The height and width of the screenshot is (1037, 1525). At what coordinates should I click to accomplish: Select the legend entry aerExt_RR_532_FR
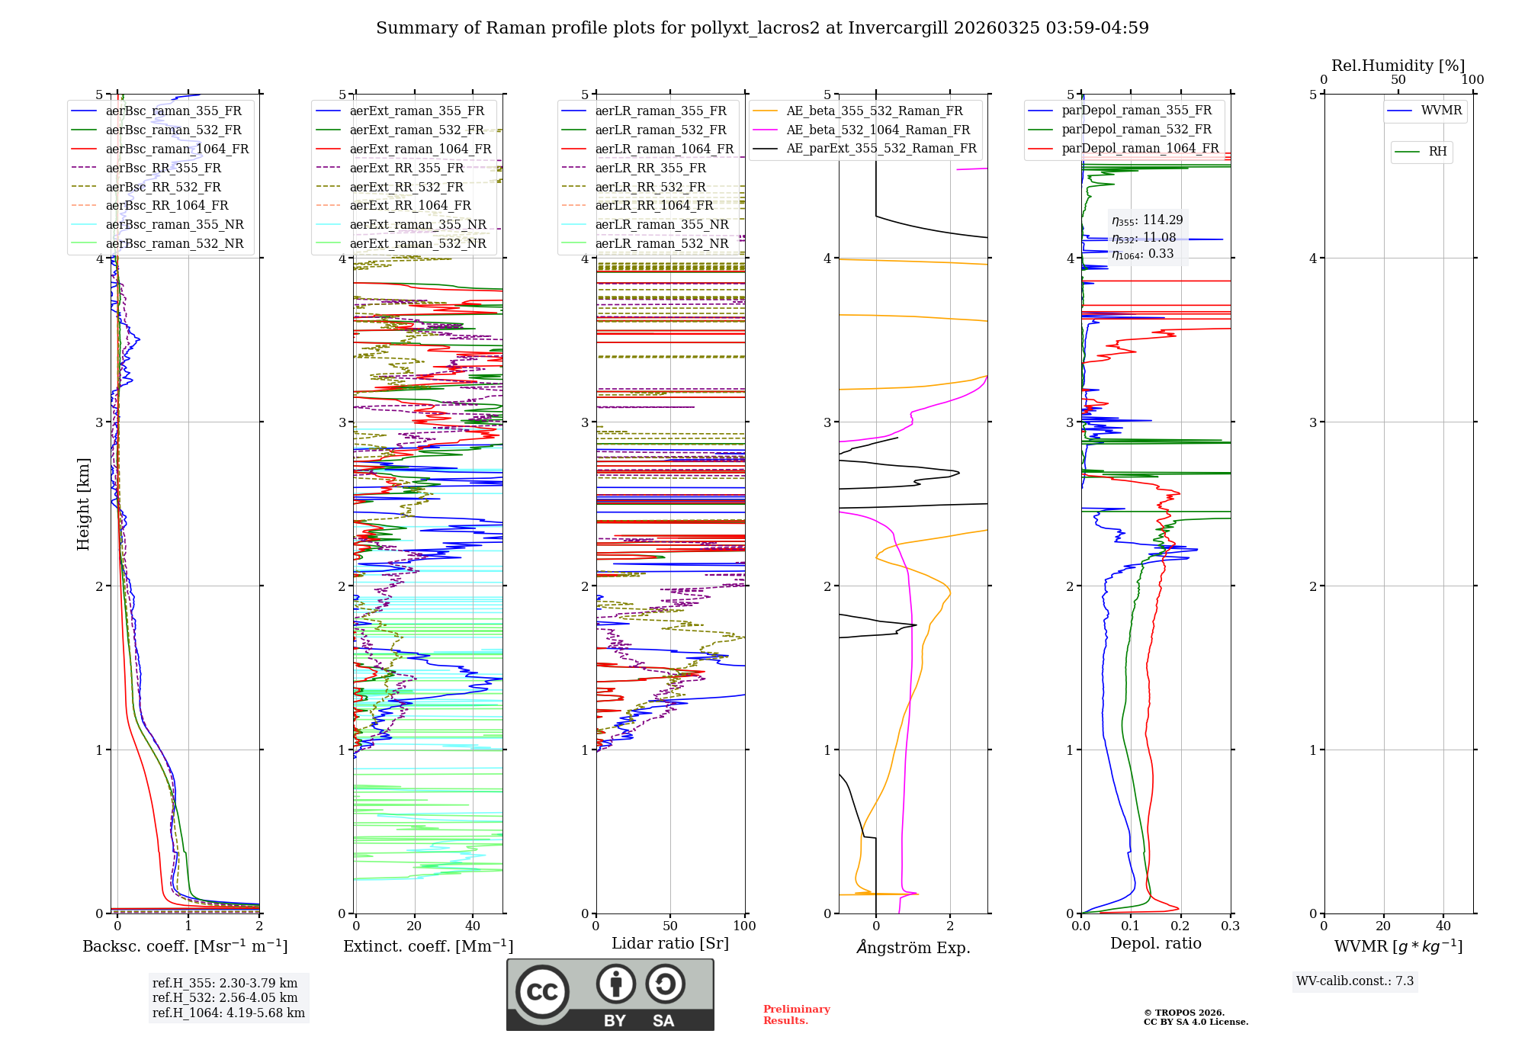406,187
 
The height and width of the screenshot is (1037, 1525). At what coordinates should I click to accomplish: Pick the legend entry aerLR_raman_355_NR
661,224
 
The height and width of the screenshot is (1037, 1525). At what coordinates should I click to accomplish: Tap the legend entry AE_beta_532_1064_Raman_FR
878,130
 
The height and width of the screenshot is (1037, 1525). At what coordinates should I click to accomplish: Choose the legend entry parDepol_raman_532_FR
1136,130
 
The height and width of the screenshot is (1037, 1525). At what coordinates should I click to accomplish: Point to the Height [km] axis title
83,504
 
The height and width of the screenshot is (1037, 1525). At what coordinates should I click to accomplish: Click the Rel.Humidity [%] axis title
1398,66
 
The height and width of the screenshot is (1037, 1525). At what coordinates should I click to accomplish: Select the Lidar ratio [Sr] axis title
670,943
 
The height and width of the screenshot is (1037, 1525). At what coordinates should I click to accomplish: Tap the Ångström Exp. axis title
913,947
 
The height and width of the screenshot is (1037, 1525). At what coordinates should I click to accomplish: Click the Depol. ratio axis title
1155,943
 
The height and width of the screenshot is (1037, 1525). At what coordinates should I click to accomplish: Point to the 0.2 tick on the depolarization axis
1180,926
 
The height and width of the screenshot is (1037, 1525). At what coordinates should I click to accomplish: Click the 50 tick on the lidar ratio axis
670,926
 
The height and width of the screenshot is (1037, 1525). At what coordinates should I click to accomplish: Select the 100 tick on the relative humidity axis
1472,79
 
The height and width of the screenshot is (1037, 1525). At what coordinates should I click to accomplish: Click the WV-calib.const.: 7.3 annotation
1354,981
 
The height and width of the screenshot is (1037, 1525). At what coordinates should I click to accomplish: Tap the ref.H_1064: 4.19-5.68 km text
229,1013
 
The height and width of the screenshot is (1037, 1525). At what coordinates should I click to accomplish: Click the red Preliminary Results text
796,1014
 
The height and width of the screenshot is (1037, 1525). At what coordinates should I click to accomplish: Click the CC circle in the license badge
542,991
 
